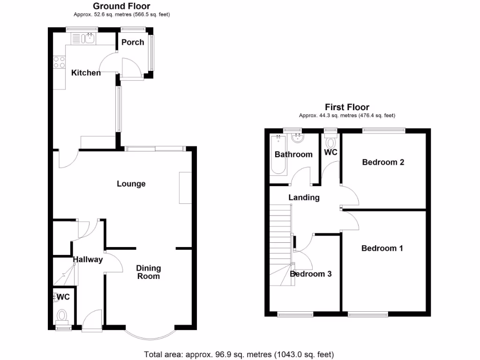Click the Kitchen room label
[86, 73]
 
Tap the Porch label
[133, 42]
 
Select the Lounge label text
[131, 184]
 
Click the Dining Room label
[149, 272]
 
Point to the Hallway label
[88, 259]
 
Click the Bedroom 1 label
[382, 248]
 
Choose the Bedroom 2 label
[383, 162]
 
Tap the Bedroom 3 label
[311, 274]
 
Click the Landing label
[304, 197]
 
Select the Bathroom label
[293, 154]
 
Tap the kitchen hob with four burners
[60, 62]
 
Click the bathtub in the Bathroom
[278, 155]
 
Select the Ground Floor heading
[121, 6]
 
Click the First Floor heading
[347, 107]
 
